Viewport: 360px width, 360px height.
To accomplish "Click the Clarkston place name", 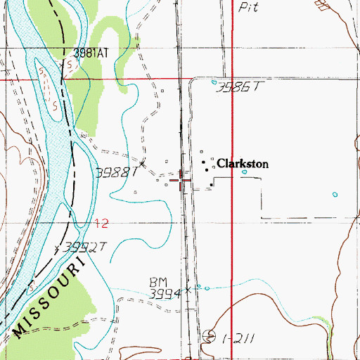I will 243,164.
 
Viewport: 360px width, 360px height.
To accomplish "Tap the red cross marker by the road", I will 181,181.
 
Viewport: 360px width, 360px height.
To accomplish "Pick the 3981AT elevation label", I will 94,53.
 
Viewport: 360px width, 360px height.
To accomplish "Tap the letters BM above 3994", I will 157,281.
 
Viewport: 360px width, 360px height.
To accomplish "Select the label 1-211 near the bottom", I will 236,338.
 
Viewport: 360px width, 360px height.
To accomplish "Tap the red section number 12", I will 103,224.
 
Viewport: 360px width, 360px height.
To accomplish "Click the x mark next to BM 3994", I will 188,288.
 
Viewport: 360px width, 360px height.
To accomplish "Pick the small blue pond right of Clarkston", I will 245,172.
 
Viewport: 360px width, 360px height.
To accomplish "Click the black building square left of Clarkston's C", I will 206,169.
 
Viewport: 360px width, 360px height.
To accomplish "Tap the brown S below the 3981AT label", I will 71,65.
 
